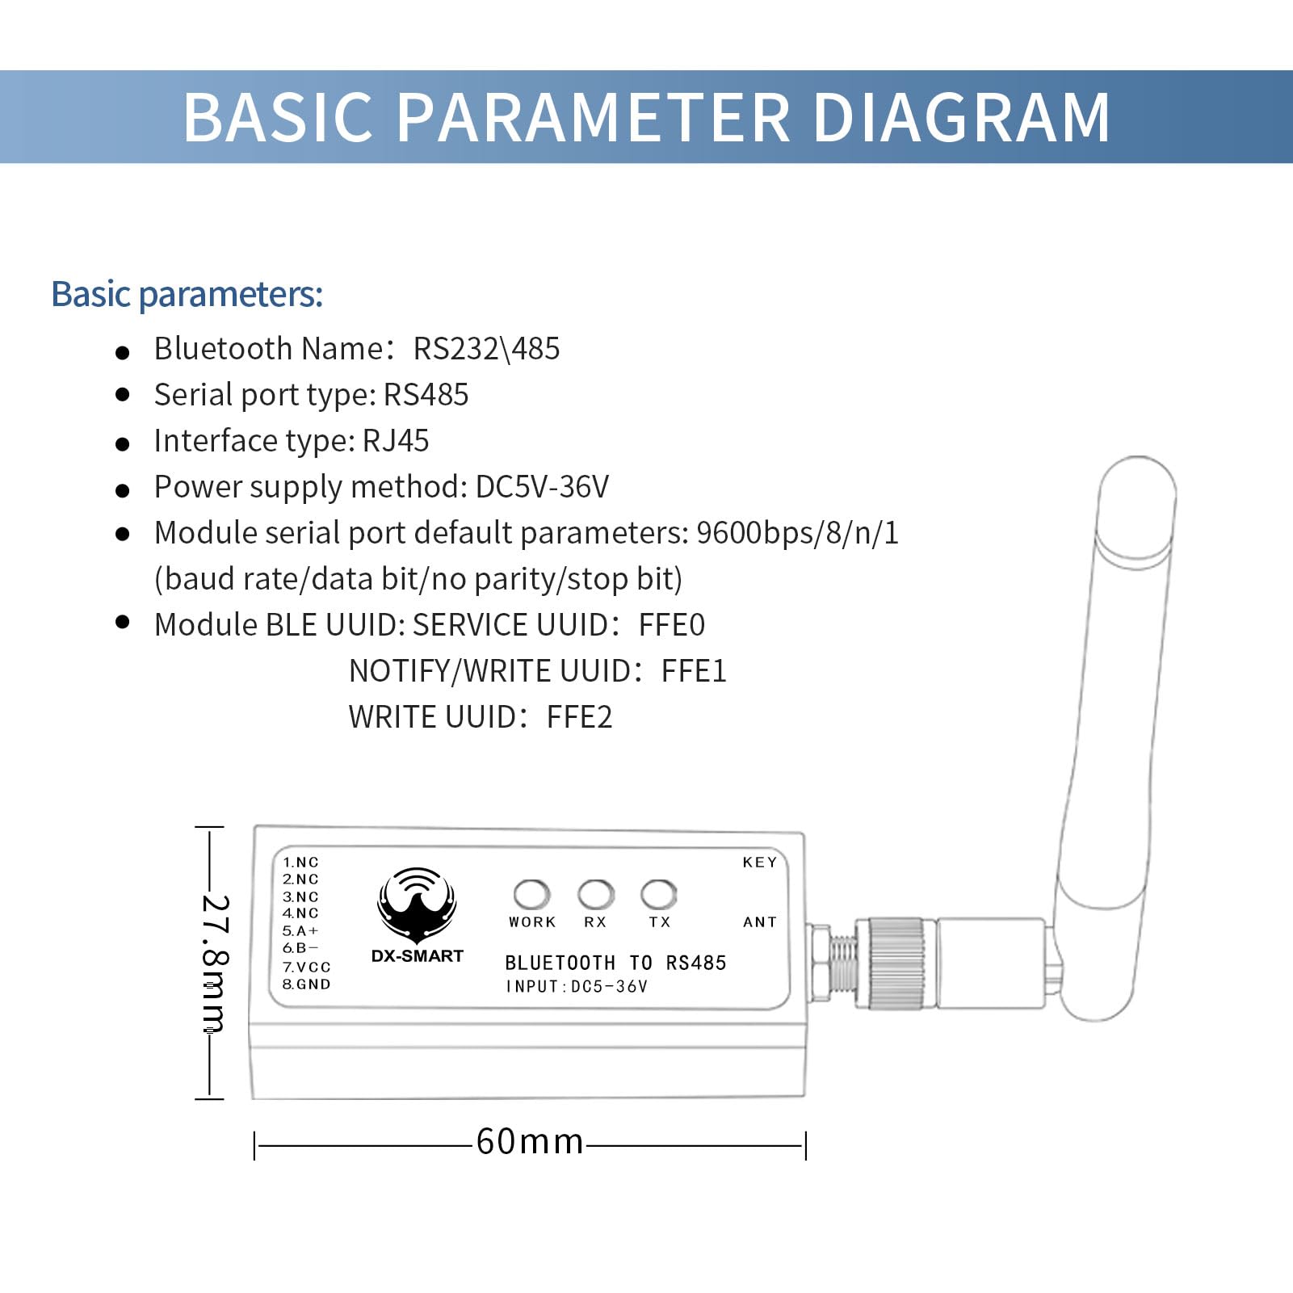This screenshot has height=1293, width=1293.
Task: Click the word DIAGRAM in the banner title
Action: [x=961, y=118]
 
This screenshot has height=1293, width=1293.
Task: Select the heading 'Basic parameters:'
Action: [x=187, y=294]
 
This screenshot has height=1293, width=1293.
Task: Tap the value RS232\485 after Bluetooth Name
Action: [x=486, y=349]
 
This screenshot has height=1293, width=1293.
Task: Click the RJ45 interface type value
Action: [x=396, y=441]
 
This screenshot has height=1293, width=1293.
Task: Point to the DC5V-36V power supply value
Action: [x=542, y=487]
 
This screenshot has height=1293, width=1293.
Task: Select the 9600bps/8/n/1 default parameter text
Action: [x=797, y=533]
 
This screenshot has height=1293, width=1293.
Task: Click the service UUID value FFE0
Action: [x=671, y=625]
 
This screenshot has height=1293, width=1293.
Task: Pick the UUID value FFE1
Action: [x=694, y=671]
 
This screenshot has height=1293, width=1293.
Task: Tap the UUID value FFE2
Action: [x=579, y=717]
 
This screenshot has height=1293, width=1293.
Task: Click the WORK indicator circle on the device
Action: [x=531, y=894]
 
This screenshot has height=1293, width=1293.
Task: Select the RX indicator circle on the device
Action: [x=595, y=894]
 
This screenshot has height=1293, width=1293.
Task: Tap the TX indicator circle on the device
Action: [x=658, y=894]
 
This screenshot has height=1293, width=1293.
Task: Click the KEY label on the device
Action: [x=759, y=863]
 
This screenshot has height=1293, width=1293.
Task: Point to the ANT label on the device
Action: [x=759, y=922]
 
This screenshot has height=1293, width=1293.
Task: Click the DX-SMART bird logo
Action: [x=417, y=905]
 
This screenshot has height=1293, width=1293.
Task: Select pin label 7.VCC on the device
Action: [x=306, y=967]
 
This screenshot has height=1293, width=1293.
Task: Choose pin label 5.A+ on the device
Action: [x=300, y=931]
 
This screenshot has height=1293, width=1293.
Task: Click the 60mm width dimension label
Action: [x=530, y=1142]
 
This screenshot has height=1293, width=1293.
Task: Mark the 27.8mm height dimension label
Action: [x=215, y=963]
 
